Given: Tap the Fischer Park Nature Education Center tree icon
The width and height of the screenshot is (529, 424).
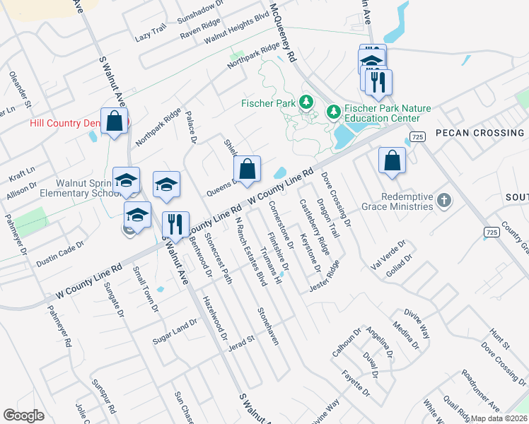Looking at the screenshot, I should [332, 112].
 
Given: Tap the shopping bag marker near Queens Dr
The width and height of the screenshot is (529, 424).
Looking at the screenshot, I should [247, 170].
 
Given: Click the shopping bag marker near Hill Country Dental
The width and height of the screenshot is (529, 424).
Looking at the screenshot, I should [114, 122].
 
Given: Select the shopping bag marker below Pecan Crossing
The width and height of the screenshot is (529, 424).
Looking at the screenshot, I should [392, 161].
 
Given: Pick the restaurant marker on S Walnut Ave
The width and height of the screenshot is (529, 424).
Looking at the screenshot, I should [175, 225].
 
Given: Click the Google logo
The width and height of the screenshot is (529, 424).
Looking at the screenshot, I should [23, 416].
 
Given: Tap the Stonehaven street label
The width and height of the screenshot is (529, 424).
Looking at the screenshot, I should [268, 326].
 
